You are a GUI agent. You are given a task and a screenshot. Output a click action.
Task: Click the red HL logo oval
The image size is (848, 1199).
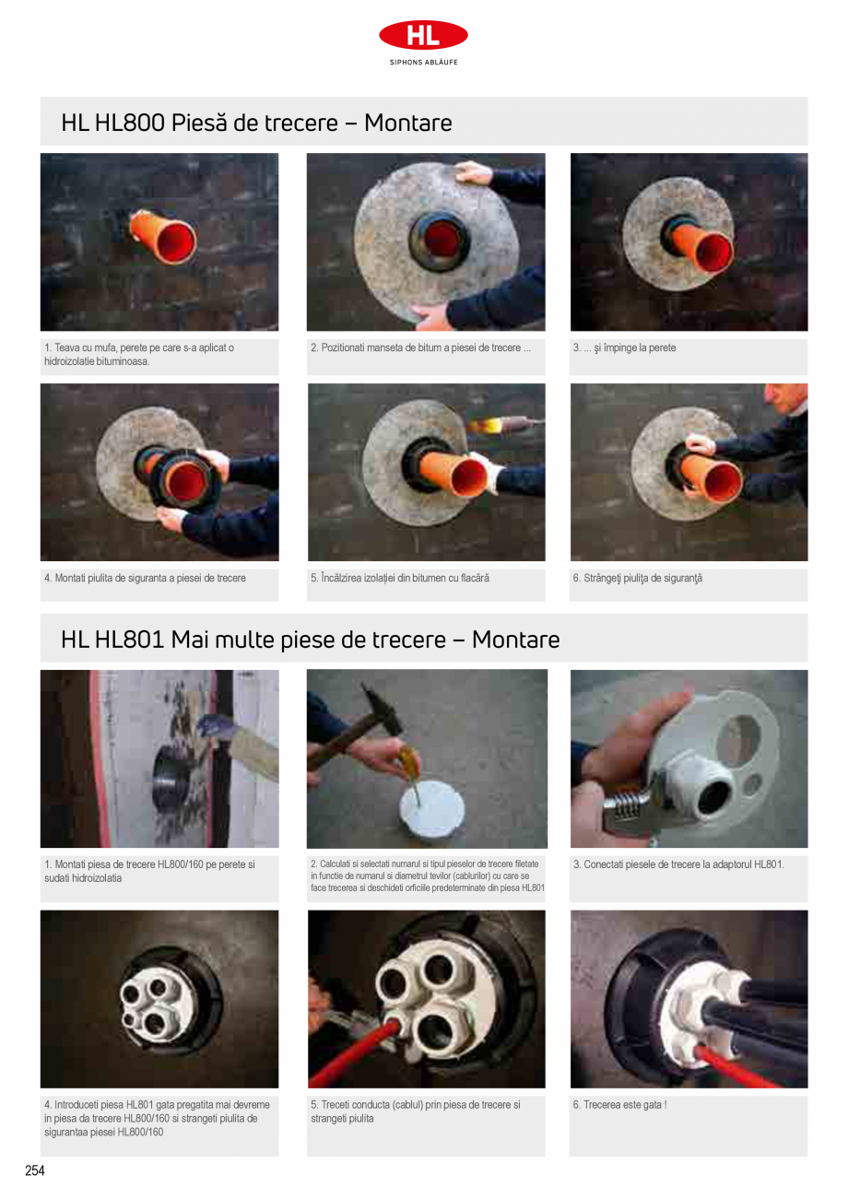(423, 35)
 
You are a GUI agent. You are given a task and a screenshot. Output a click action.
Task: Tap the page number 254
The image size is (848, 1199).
(35, 1170)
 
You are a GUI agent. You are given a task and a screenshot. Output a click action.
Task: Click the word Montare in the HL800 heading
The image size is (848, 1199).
(408, 123)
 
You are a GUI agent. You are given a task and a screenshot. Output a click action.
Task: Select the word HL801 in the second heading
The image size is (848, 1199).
(129, 639)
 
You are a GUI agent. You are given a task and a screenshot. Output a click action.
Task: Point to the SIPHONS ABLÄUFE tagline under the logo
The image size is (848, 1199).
(423, 62)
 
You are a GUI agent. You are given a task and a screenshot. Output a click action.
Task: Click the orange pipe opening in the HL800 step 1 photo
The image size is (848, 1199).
(177, 244)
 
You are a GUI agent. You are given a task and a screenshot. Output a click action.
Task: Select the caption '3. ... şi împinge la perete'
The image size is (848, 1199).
(624, 347)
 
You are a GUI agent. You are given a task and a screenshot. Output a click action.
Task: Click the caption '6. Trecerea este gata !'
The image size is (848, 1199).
(620, 1104)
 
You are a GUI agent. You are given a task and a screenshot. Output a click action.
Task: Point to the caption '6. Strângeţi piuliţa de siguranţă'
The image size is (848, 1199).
(638, 578)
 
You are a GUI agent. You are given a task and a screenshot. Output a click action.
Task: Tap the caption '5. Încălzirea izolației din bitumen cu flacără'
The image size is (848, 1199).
(400, 578)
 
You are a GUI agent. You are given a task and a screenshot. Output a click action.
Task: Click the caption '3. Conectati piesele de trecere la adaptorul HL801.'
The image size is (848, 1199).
(678, 864)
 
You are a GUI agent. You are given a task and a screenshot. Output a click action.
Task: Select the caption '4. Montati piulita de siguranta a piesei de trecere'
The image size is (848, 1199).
(145, 578)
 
